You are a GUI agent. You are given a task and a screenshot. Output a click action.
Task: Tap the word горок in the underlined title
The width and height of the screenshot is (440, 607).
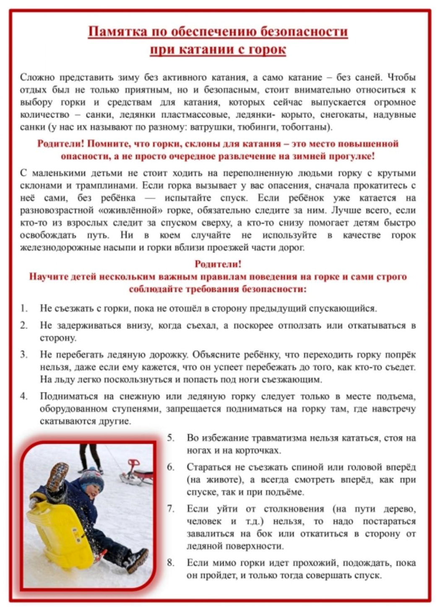[x=267, y=49]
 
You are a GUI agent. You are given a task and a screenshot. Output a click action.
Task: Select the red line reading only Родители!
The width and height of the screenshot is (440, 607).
[x=218, y=264]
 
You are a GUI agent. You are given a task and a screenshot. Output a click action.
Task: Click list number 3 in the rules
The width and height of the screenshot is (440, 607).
[x=24, y=354]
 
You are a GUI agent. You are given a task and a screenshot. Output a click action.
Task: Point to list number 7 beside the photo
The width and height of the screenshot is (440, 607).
[x=171, y=508]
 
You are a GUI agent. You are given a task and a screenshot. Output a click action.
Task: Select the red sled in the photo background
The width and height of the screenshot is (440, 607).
[x=136, y=472]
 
